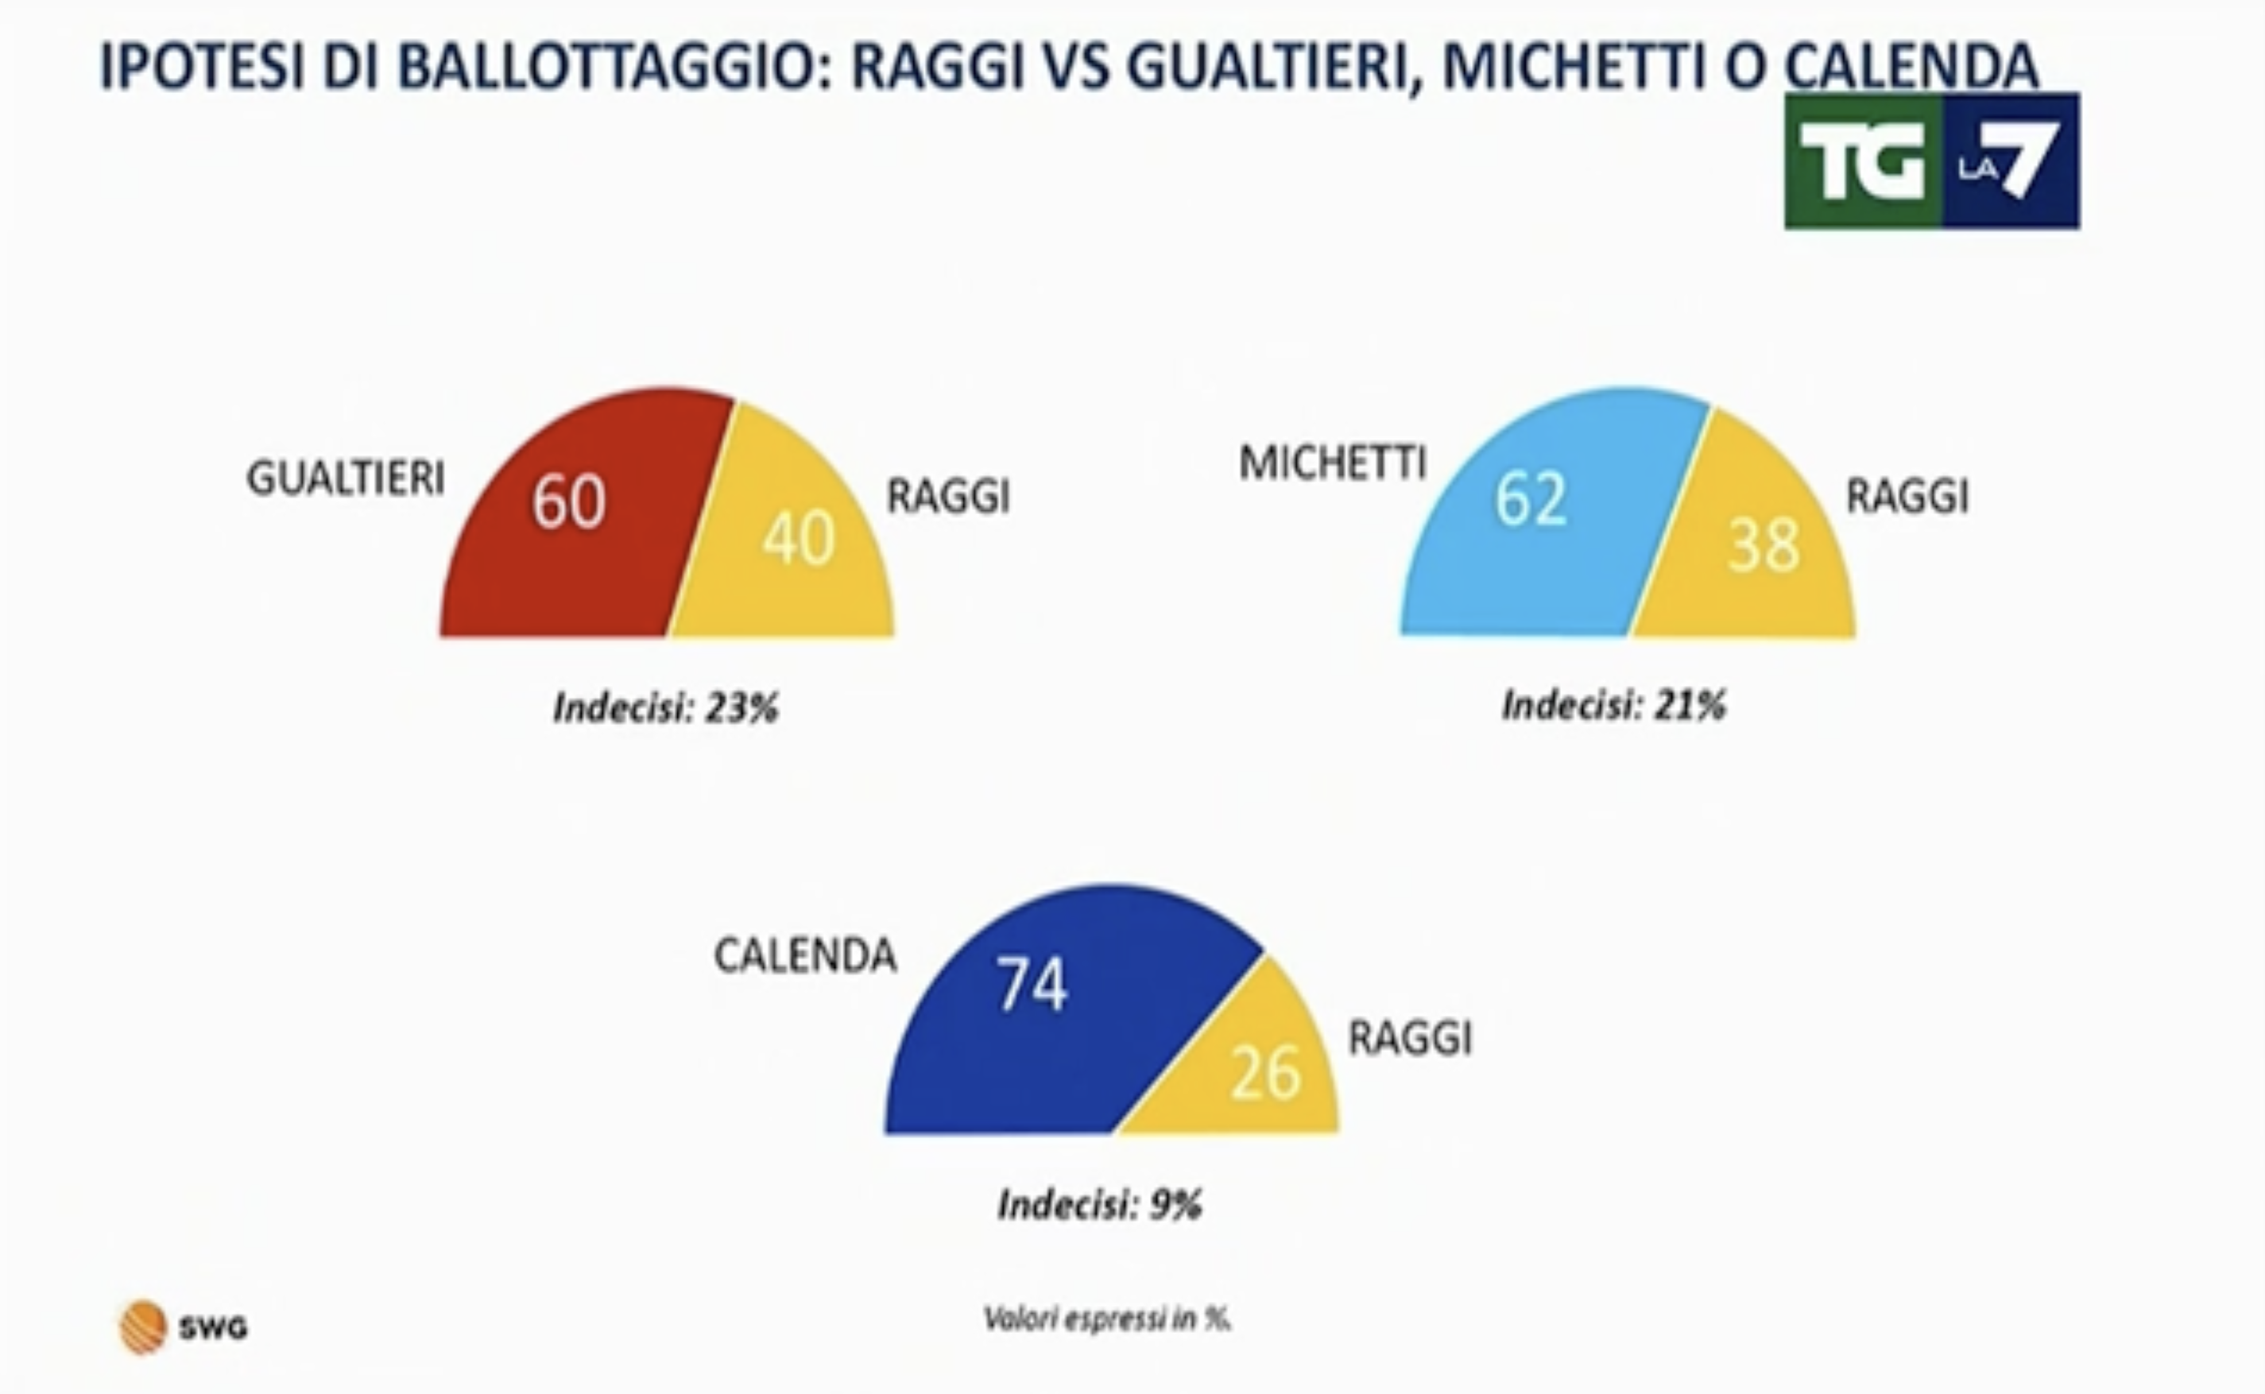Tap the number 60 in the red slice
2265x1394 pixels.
click(569, 501)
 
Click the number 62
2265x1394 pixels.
click(1531, 499)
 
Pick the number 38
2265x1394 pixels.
click(1764, 545)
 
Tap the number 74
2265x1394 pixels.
click(1032, 984)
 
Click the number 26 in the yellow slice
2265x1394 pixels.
click(1266, 1073)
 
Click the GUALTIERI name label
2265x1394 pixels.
click(346, 478)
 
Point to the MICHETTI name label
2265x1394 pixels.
click(1333, 463)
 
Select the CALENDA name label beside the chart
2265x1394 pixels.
click(805, 955)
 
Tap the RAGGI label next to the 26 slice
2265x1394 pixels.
click(1411, 1038)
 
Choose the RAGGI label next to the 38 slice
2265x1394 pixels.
click(1907, 497)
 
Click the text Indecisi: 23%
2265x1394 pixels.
click(665, 708)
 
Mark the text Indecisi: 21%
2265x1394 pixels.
click(1614, 705)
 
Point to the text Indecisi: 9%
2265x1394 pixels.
click(1101, 1204)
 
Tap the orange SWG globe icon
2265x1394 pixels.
click(143, 1327)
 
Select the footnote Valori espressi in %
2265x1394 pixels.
click(1107, 1319)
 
